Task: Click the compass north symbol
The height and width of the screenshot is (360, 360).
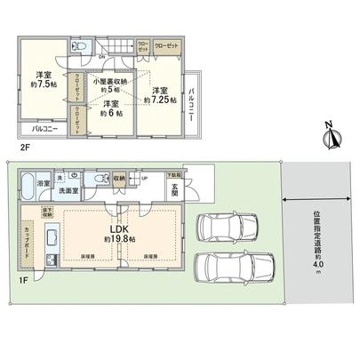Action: (x=333, y=139)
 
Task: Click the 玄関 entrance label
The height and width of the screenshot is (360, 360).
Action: (x=176, y=190)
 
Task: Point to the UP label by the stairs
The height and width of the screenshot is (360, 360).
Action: (x=144, y=177)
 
